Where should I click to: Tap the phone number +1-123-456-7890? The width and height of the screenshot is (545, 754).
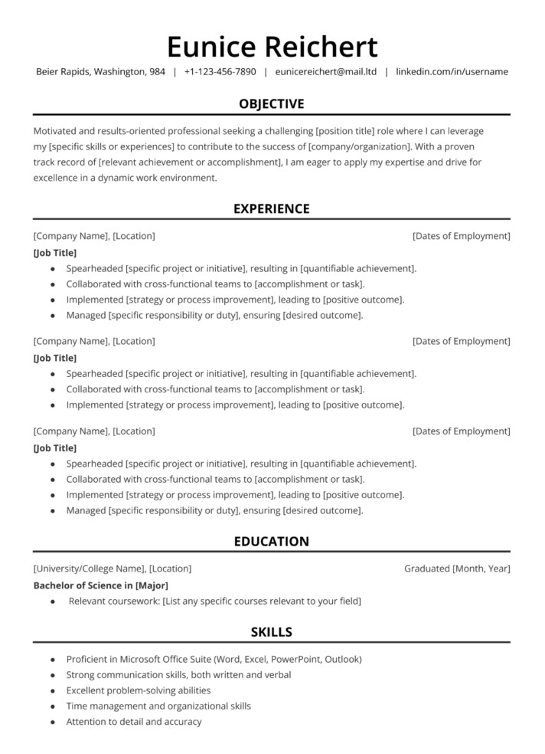point(220,72)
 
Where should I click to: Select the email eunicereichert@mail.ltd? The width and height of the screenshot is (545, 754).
point(325,72)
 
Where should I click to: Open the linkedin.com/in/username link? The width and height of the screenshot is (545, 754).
point(452,72)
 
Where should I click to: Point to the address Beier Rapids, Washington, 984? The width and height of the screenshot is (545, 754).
point(100,72)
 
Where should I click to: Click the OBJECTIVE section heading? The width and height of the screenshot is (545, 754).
point(272,103)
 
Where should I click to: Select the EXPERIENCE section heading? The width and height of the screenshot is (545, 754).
point(272,208)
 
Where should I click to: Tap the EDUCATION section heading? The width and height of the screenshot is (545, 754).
point(272,541)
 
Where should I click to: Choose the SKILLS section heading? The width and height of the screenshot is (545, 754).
point(272,632)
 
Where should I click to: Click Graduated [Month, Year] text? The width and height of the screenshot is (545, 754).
point(457,569)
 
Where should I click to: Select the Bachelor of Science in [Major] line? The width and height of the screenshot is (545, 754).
point(100,585)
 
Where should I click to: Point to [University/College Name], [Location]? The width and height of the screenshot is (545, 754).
point(113,569)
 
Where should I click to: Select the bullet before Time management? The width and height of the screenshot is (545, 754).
point(52,706)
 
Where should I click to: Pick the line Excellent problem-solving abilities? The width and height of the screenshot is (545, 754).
point(139,690)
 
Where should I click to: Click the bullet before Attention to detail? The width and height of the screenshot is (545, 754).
point(52,723)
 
